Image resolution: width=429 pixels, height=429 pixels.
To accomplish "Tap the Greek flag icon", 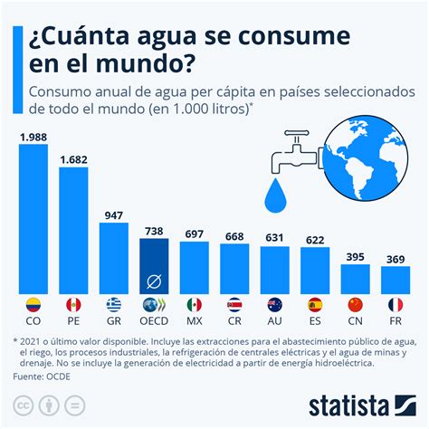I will coord(113,304).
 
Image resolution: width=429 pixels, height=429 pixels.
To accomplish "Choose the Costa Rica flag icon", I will coord(234,304).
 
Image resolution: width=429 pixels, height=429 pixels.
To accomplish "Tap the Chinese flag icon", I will coord(355,304).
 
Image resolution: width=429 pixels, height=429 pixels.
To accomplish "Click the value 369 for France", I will coord(396,259).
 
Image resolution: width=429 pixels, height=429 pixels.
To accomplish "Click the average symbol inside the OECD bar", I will coord(154,280).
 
